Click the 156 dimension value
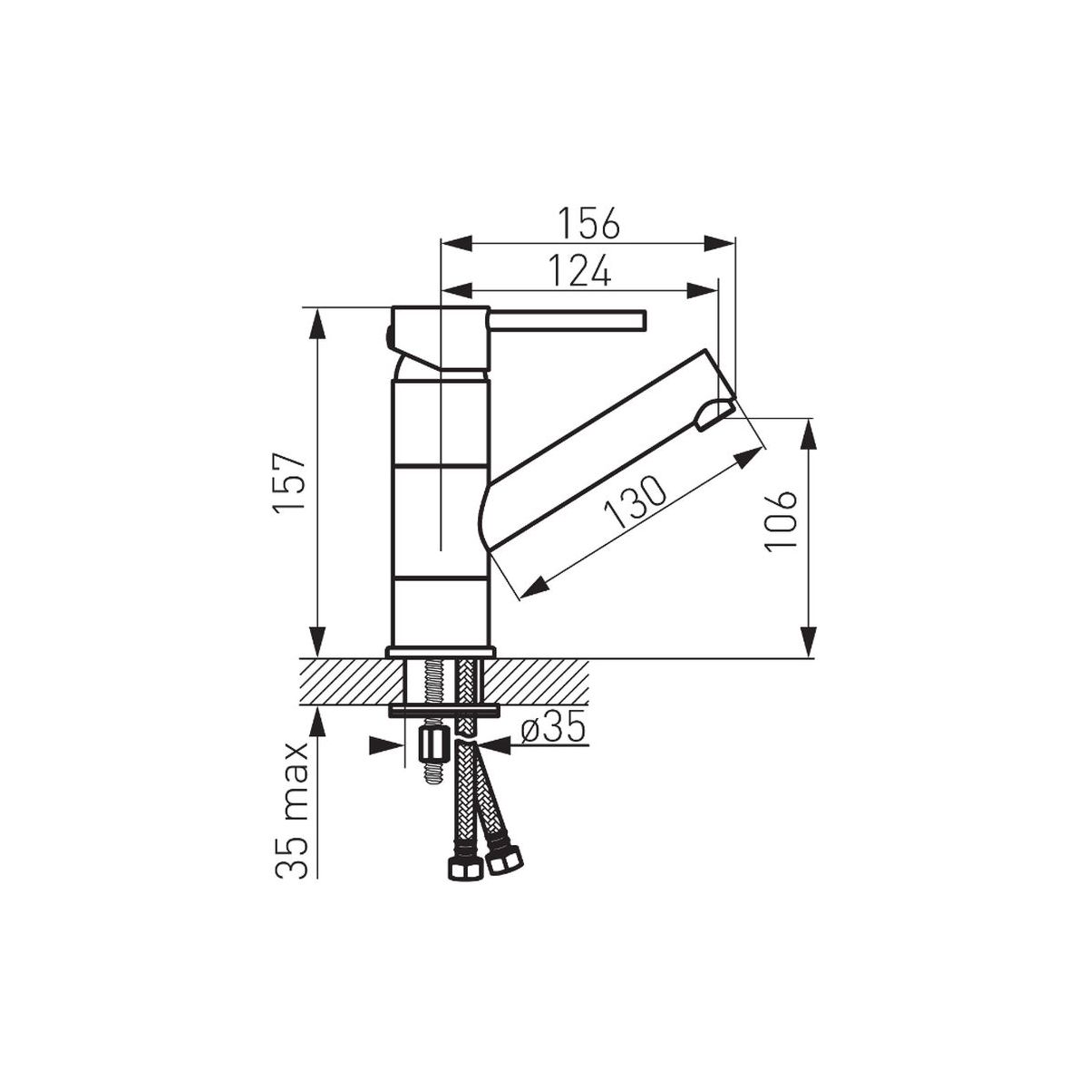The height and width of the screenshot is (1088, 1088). tap(589, 224)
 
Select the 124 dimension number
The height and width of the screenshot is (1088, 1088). tap(580, 272)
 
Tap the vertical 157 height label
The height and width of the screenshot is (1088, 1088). tap(289, 482)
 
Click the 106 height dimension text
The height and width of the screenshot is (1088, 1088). tap(781, 521)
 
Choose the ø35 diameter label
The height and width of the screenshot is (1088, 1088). tap(551, 731)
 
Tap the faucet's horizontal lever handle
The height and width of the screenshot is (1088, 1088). tap(568, 321)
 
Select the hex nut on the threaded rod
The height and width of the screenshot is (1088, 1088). tap(433, 744)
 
